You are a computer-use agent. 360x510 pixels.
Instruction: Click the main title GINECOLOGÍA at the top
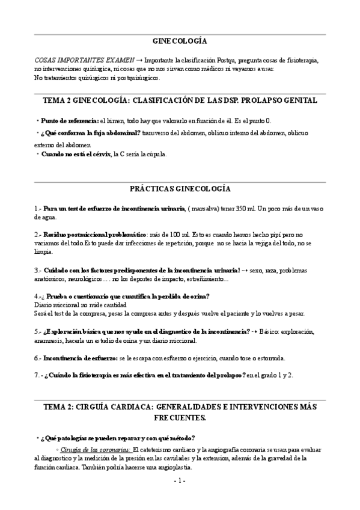180,41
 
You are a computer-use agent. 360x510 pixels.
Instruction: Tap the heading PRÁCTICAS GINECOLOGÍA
180,188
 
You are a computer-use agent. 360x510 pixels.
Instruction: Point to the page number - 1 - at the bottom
180,481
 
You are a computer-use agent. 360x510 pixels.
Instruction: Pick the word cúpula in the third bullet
153,154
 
